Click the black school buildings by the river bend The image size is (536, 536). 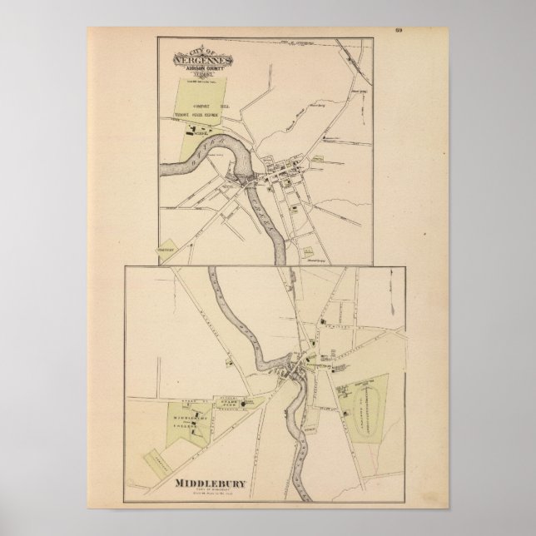pyautogui.click(x=200, y=130)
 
